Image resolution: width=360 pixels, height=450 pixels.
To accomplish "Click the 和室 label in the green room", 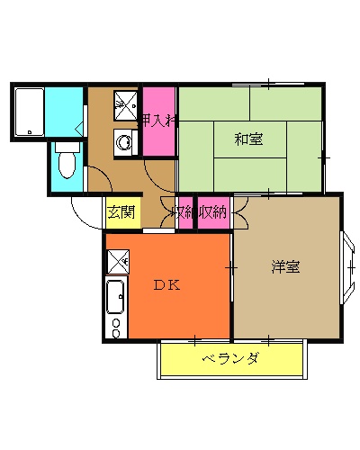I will pos(248,139).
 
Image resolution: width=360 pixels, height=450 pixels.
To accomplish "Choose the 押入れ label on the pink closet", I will pos(158,120).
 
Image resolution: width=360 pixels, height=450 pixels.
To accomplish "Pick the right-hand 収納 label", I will pos(213,212).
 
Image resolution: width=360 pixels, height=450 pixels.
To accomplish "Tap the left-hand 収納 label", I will pos(184,212).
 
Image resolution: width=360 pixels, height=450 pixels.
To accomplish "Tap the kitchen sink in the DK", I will pos(116,296).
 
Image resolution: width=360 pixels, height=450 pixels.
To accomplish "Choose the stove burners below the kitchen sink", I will pos(115,327).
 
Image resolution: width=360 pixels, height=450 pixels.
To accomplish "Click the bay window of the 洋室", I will pos(348,265).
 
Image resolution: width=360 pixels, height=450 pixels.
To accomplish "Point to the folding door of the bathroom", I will pos(80,126).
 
